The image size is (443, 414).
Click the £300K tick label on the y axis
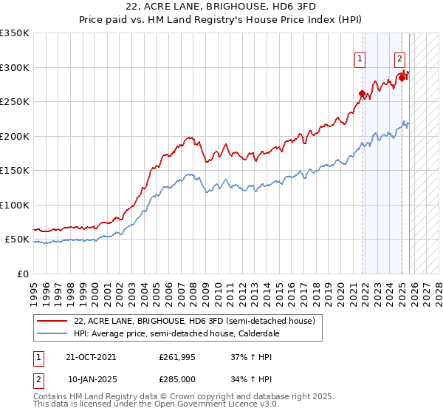(x=15, y=67)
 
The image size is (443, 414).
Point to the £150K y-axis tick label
(x=15, y=170)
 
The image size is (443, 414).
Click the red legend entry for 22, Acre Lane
(x=195, y=321)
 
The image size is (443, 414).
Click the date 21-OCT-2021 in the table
(x=92, y=356)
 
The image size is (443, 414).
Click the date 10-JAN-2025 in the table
(x=92, y=380)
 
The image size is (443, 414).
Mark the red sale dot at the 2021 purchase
(x=362, y=93)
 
